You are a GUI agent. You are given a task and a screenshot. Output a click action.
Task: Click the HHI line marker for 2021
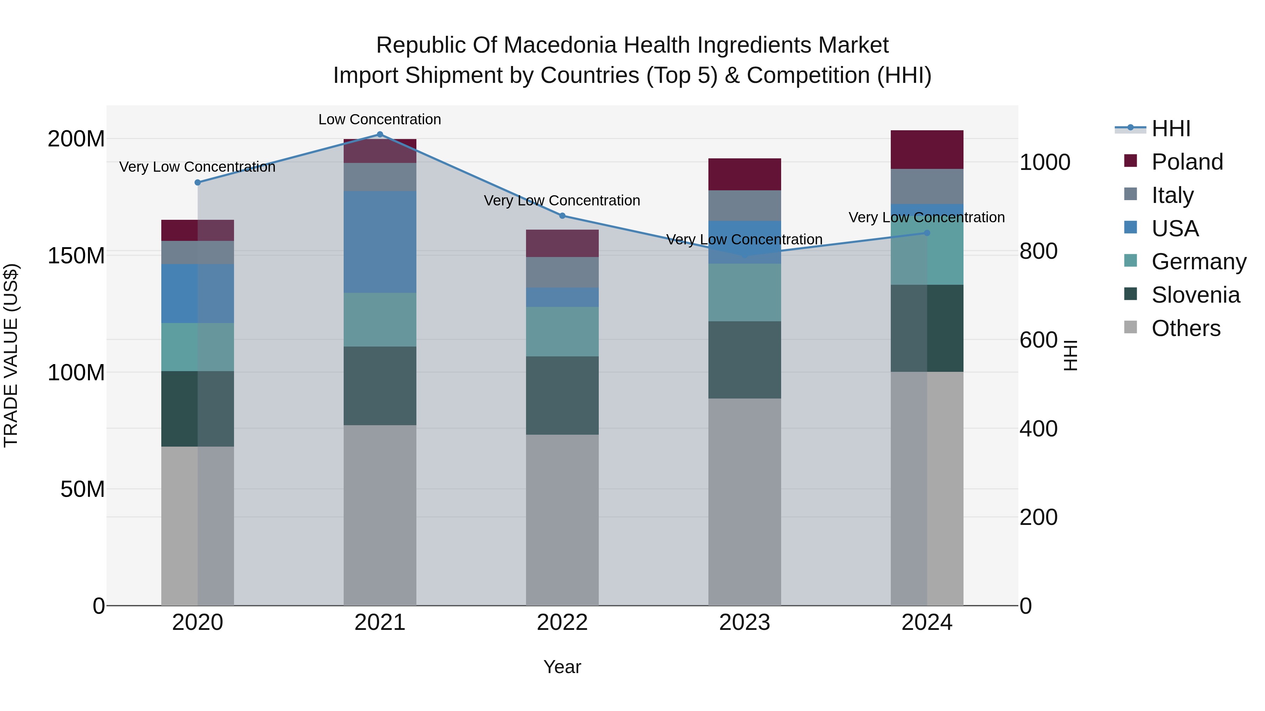pyautogui.click(x=379, y=134)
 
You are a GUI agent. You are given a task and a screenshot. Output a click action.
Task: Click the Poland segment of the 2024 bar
pyautogui.click(x=927, y=150)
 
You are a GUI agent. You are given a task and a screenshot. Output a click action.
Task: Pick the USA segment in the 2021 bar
pyautogui.click(x=379, y=242)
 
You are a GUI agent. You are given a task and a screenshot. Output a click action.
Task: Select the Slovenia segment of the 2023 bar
pyautogui.click(x=745, y=360)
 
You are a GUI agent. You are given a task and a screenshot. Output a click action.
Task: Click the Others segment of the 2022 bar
pyautogui.click(x=562, y=520)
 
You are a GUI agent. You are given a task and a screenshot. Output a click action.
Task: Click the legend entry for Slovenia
pyautogui.click(x=1195, y=295)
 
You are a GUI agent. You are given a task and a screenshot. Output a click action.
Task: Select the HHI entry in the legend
pyautogui.click(x=1171, y=129)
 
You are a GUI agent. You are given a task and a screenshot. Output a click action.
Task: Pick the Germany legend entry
pyautogui.click(x=1198, y=262)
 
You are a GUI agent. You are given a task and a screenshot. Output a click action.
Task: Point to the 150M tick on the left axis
pyautogui.click(x=76, y=256)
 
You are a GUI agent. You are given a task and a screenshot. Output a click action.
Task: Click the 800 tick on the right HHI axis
pyautogui.click(x=1038, y=251)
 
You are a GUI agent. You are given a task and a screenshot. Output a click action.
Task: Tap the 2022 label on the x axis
pyautogui.click(x=562, y=623)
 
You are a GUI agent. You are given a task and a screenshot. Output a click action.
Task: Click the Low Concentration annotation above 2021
pyautogui.click(x=379, y=119)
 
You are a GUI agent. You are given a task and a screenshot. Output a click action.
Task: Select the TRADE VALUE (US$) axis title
pyautogui.click(x=11, y=355)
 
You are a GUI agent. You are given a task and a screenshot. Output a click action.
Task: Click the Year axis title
pyautogui.click(x=562, y=667)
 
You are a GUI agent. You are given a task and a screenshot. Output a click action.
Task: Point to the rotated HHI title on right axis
pyautogui.click(x=1070, y=355)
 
